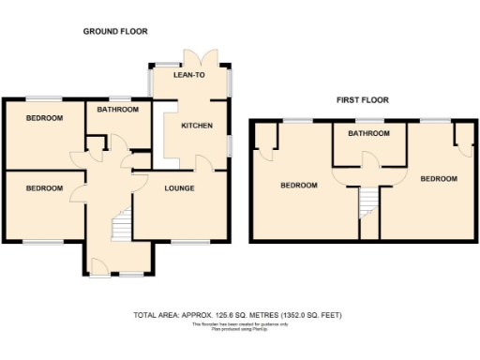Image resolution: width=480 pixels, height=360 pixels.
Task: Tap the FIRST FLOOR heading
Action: (363, 99)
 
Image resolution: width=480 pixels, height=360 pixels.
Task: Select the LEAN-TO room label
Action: (189, 74)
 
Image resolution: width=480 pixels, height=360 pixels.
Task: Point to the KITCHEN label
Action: (197, 126)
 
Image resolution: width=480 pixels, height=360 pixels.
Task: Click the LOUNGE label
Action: (179, 188)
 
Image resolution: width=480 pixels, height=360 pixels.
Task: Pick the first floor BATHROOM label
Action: (368, 134)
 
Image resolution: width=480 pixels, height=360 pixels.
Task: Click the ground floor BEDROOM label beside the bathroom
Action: (44, 118)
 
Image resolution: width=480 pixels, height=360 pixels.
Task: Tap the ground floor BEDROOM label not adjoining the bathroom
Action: (44, 188)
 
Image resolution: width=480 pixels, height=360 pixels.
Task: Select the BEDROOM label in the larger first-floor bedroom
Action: (299, 186)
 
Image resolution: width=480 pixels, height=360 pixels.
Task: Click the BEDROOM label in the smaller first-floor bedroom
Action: (438, 178)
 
